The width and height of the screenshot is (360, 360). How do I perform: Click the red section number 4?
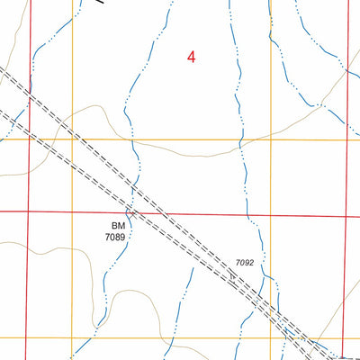tap(191, 57)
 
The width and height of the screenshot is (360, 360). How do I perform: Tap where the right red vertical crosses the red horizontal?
tap(347, 216)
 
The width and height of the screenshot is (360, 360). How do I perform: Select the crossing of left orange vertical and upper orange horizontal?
tap(73, 139)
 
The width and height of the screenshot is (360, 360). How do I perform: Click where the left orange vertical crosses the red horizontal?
tap(73, 213)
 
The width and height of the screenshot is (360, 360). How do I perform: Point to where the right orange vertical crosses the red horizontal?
tap(271, 215)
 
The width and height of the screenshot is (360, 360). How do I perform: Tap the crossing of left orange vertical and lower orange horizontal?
tap(73, 337)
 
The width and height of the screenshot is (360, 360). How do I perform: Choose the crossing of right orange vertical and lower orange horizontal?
tap(271, 338)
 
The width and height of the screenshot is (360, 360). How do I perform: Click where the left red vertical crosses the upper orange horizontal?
tap(29, 139)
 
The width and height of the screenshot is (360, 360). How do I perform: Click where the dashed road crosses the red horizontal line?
tap(139, 214)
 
